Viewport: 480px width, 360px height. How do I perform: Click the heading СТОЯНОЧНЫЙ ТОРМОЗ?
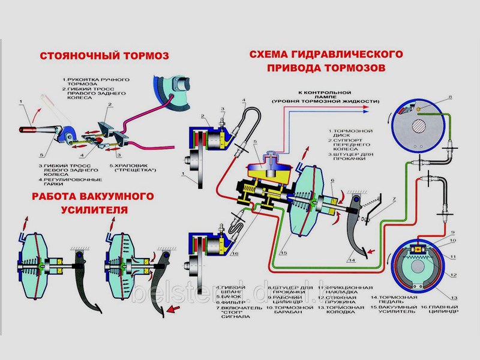103,56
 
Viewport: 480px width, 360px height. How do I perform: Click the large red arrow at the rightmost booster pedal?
173,310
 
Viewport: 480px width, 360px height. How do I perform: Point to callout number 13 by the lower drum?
454,298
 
